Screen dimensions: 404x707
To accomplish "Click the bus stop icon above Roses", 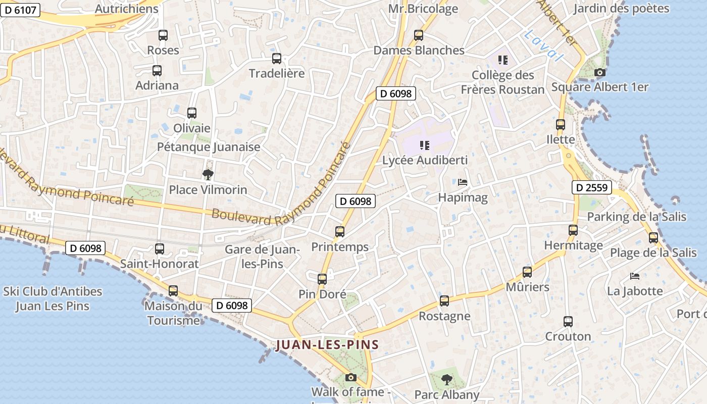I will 163,35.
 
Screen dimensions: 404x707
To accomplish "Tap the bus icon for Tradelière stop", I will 276,59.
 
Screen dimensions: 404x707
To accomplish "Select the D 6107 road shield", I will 20,10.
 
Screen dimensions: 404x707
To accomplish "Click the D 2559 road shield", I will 592,188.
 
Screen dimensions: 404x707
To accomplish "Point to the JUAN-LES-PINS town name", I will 327,345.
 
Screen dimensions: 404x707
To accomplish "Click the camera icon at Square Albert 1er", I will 599,73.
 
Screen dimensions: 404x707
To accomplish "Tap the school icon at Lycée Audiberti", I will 425,145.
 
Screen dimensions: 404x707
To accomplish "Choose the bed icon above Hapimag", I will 463,182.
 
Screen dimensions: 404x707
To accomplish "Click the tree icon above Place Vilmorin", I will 208,175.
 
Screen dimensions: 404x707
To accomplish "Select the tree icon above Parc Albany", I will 446,379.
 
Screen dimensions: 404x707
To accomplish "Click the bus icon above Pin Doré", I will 322,279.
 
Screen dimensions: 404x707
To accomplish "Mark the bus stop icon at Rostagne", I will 444,301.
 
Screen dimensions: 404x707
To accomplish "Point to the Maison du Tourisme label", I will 173,313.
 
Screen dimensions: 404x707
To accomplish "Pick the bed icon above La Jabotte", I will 635,276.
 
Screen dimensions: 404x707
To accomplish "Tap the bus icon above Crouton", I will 568,322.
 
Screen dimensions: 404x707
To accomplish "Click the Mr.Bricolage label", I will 423,9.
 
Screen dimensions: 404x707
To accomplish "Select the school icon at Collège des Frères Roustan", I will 502,60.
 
